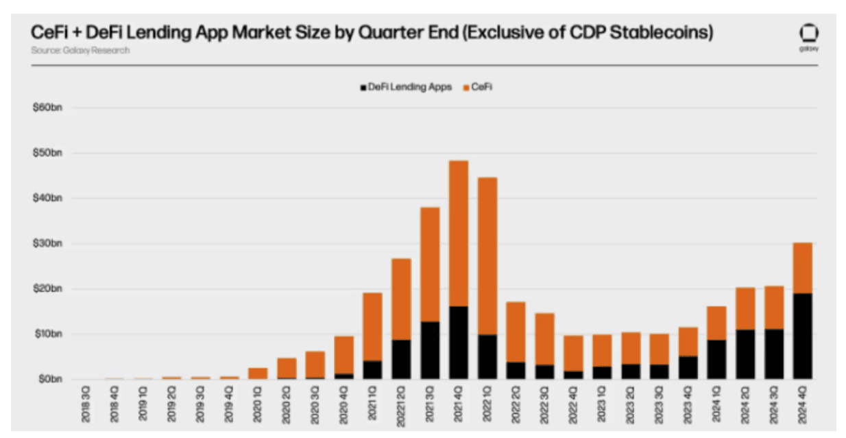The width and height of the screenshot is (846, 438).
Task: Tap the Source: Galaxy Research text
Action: coord(80,50)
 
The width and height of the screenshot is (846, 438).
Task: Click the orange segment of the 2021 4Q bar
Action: coord(458,233)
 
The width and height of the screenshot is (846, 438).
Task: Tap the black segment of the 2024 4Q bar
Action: coord(802,336)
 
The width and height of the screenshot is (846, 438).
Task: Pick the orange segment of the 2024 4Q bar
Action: coord(802,268)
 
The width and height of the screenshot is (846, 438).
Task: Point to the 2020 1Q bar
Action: coord(258,373)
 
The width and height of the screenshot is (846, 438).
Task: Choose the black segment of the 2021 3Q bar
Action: coord(430,350)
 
